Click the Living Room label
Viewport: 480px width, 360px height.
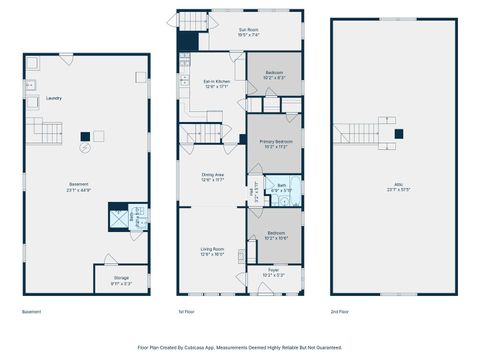tap(212, 250)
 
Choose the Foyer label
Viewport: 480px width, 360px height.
tap(274, 271)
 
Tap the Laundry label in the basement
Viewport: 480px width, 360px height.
tap(54, 98)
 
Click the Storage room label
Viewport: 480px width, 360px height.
tap(121, 278)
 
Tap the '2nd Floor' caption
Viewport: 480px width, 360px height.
tap(341, 312)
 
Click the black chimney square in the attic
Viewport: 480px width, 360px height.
tap(398, 132)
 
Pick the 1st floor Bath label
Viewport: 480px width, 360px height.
tap(282, 186)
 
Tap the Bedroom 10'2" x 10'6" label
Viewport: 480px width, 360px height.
tap(277, 235)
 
